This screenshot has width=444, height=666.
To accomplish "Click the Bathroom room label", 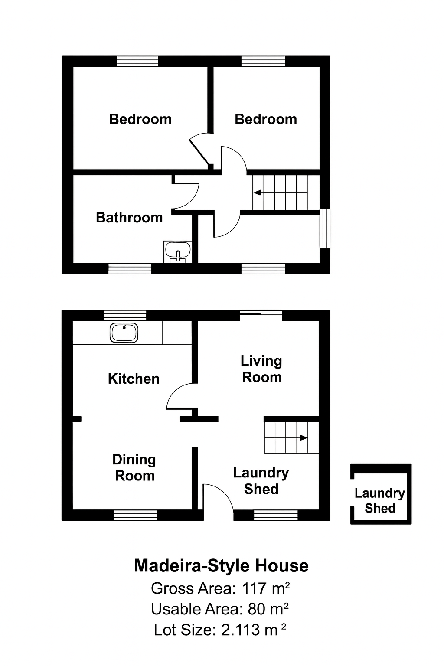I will pos(129,217).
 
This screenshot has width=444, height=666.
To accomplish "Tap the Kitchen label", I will pos(134,379).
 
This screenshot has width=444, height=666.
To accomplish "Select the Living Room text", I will pos(261,369).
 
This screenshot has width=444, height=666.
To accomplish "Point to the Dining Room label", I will pos(134,467).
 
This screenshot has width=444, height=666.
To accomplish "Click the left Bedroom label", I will pos(140,119).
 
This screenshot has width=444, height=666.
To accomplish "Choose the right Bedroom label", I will pos(266,119).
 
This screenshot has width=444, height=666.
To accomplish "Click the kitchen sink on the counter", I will pos(124,333).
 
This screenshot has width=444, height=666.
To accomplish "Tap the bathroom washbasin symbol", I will pos(178,252).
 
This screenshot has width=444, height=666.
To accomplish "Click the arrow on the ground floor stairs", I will pos(303,438).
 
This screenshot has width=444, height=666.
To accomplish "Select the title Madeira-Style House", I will pos(221,566).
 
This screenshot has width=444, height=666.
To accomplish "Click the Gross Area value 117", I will pos(255,588).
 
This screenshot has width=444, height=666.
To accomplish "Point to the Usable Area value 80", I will pos(257,609).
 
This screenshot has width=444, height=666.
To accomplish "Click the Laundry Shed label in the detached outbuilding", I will pos(380,500).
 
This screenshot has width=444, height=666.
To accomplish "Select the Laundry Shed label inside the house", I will pos(261,480).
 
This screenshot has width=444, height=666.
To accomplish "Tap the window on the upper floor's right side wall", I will pos(325,228).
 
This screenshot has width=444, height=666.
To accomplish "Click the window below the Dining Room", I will pos(136,515).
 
